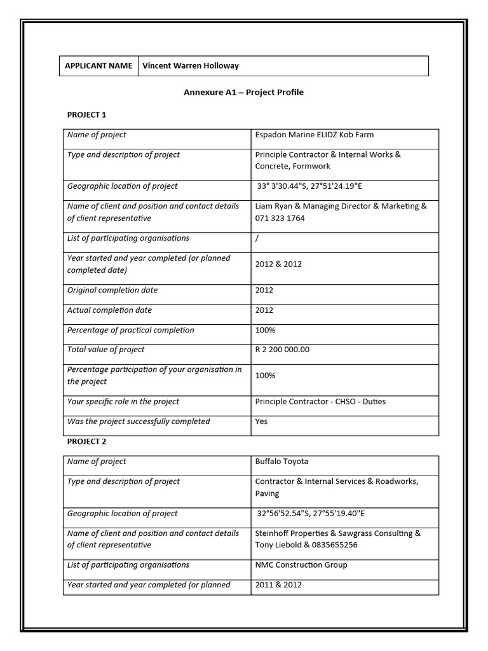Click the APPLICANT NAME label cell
click(x=98, y=65)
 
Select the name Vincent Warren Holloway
click(x=191, y=65)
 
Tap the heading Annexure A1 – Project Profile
click(x=243, y=92)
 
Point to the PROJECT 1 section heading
click(x=87, y=114)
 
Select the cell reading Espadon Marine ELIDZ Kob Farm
click(x=315, y=135)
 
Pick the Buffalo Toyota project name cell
click(x=281, y=462)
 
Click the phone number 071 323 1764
click(x=280, y=218)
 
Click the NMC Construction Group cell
click(x=301, y=565)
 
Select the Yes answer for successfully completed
click(x=261, y=421)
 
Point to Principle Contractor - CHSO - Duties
click(x=320, y=402)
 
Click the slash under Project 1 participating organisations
click(x=257, y=238)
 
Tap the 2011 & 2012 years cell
click(x=278, y=585)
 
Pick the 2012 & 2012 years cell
click(x=278, y=264)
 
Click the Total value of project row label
click(x=106, y=350)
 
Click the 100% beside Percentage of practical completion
click(x=265, y=331)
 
